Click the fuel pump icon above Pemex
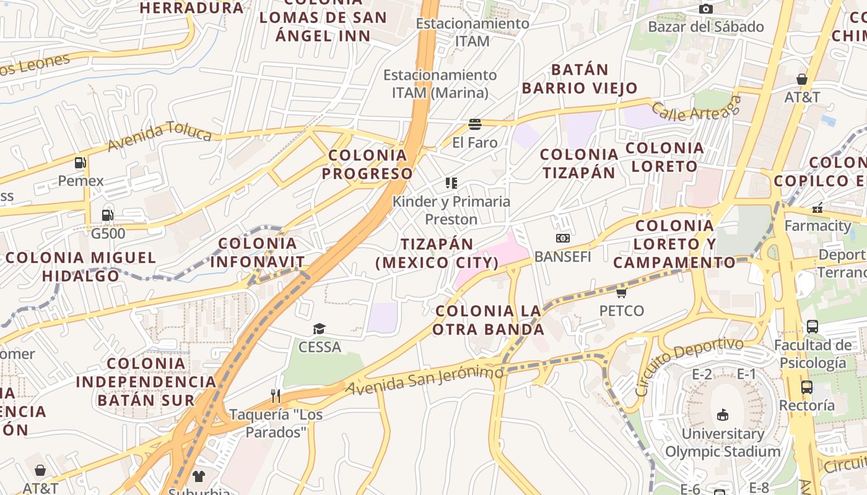tap(80, 163)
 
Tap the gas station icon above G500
tap(108, 215)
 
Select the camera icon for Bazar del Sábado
tap(705, 9)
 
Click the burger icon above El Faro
tap(475, 124)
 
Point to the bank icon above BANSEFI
tap(562, 238)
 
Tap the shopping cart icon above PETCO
tap(621, 292)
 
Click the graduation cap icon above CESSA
tap(319, 329)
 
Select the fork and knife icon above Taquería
tap(276, 395)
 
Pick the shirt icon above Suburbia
tap(198, 476)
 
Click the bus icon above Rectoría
tap(806, 387)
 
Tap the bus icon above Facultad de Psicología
tap(812, 327)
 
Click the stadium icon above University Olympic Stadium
tap(722, 415)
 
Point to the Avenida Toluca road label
tap(159, 136)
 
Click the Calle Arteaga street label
tap(695, 108)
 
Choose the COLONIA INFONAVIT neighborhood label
tap(258, 252)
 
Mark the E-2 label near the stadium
tap(702, 374)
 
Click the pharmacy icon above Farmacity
tap(817, 208)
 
